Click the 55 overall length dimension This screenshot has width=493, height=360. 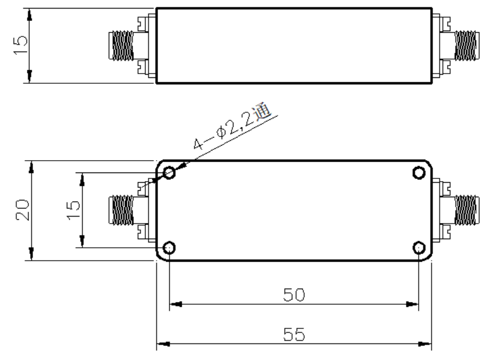click(x=294, y=334)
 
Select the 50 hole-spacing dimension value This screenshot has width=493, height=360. click(x=294, y=294)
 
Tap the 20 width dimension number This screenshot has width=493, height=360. click(x=23, y=210)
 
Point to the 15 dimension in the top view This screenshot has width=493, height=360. click(x=20, y=45)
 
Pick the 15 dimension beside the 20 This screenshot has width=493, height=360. click(x=74, y=210)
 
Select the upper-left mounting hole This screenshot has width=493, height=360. click(x=169, y=172)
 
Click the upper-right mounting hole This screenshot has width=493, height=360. click(x=419, y=173)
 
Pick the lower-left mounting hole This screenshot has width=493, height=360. click(x=169, y=248)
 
